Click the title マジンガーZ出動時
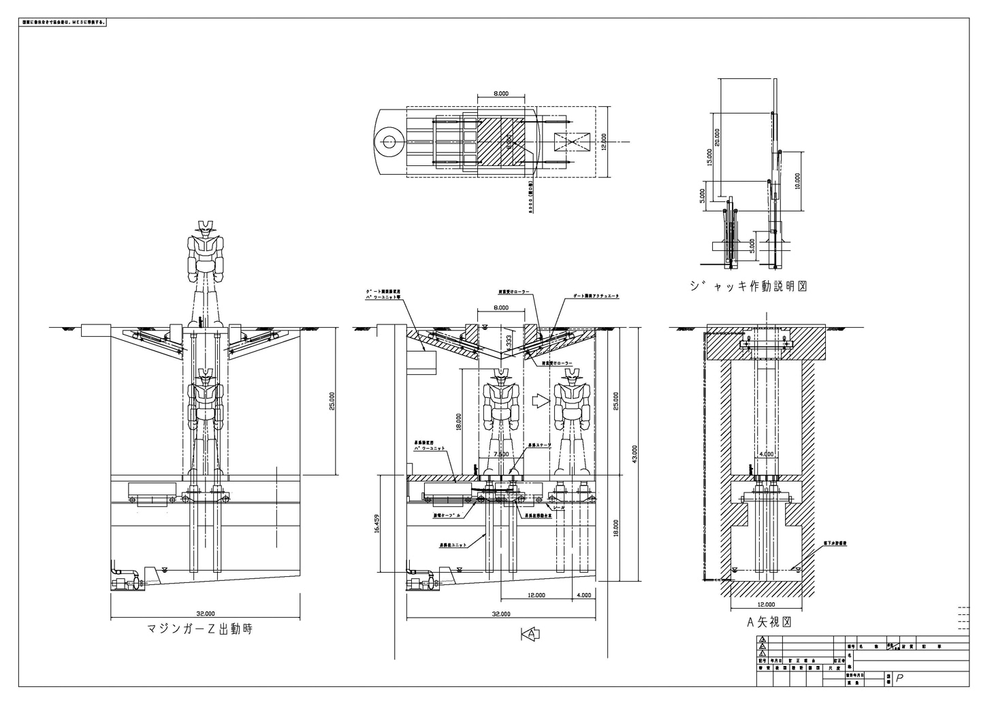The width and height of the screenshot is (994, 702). pos(199,629)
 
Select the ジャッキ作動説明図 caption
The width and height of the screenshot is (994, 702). pos(748,286)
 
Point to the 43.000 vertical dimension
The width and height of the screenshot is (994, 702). pos(635,454)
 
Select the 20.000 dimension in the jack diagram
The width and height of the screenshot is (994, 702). pos(717,138)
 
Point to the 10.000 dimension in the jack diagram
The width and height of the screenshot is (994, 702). pos(797,180)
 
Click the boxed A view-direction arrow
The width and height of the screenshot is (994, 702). pos(530,634)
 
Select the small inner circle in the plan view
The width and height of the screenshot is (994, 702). pos(389,141)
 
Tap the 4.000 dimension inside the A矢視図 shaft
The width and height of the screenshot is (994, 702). pos(766,454)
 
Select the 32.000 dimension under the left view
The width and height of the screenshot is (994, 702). pos(205,612)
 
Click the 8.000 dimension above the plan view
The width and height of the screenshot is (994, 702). pos(500,95)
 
